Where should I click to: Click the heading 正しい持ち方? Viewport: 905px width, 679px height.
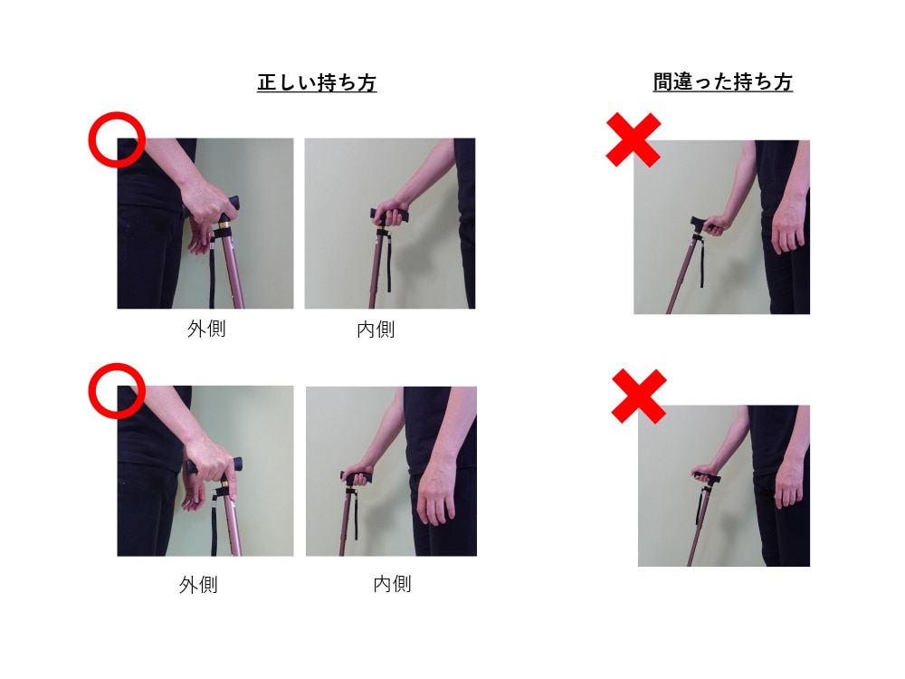pyautogui.click(x=317, y=83)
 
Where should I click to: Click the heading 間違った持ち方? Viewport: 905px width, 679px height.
pyautogui.click(x=722, y=82)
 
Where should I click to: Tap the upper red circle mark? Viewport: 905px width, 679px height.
pyautogui.click(x=117, y=139)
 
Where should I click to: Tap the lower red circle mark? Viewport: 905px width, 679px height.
pyautogui.click(x=117, y=391)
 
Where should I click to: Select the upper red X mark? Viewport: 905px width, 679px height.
pyautogui.click(x=633, y=140)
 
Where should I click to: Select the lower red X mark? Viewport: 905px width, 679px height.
pyautogui.click(x=639, y=396)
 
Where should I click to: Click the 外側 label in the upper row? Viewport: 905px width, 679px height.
pyautogui.click(x=206, y=329)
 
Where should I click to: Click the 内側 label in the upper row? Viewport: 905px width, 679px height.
pyautogui.click(x=376, y=330)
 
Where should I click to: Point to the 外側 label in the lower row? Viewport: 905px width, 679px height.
pyautogui.click(x=198, y=585)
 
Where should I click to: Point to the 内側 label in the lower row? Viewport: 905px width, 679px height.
pyautogui.click(x=392, y=584)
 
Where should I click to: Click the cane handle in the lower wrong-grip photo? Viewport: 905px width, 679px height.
pyautogui.click(x=705, y=475)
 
